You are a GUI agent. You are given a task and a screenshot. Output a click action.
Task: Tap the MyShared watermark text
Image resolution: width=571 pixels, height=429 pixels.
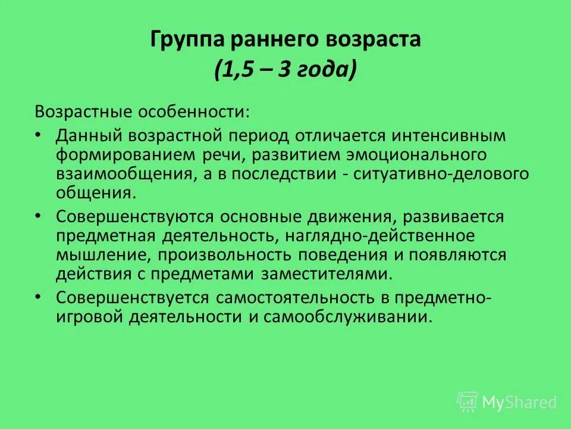[519, 402]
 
